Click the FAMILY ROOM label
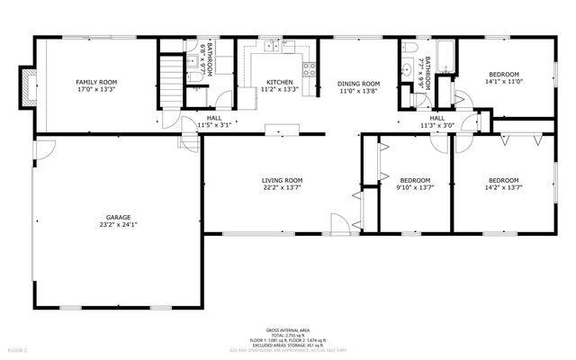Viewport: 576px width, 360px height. (96, 82)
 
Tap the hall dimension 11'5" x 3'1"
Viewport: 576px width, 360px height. (214, 125)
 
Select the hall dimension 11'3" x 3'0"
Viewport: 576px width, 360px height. (436, 125)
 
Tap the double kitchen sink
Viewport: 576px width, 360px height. (270, 44)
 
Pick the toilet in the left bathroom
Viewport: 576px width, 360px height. (195, 77)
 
